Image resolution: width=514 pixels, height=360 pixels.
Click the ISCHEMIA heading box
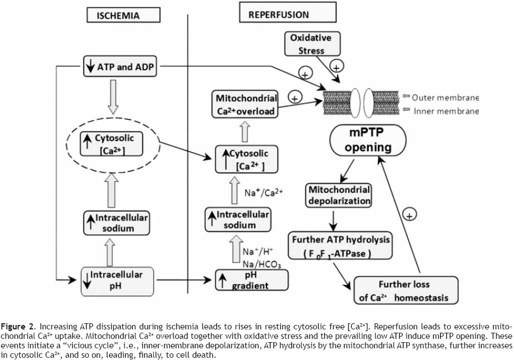(x=119, y=15)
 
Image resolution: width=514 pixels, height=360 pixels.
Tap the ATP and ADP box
(x=119, y=67)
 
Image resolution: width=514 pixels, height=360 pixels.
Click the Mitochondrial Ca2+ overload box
(x=246, y=105)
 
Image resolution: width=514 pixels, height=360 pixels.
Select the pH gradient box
(x=252, y=280)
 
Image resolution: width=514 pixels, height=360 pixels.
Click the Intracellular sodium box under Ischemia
(x=115, y=223)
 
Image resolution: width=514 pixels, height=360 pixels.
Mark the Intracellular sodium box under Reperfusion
(x=238, y=220)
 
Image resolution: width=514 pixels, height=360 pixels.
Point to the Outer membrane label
(x=444, y=97)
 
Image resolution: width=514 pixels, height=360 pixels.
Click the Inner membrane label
(x=446, y=111)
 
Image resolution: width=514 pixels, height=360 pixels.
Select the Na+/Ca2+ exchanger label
(x=264, y=193)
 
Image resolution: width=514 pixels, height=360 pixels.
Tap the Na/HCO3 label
(x=261, y=263)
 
